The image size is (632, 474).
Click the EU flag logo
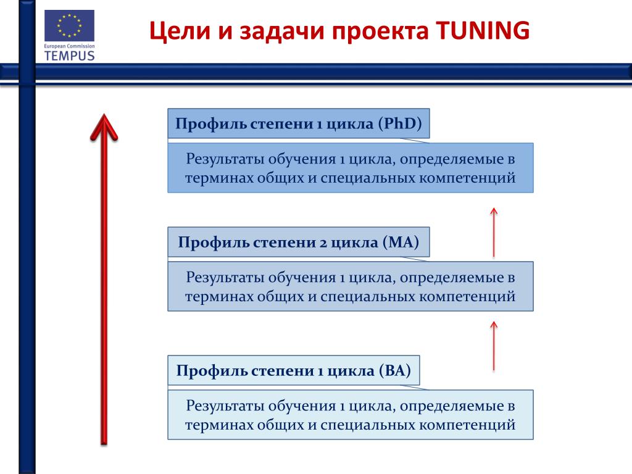point(69,26)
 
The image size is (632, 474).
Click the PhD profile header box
point(299,123)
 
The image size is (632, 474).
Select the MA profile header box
point(299,242)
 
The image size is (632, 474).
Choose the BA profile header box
point(294,370)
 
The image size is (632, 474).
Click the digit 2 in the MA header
point(323,243)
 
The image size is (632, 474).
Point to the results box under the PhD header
point(351,168)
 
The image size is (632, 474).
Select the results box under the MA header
point(351,286)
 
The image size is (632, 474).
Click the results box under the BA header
point(351,415)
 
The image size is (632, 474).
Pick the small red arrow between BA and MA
point(494,346)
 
